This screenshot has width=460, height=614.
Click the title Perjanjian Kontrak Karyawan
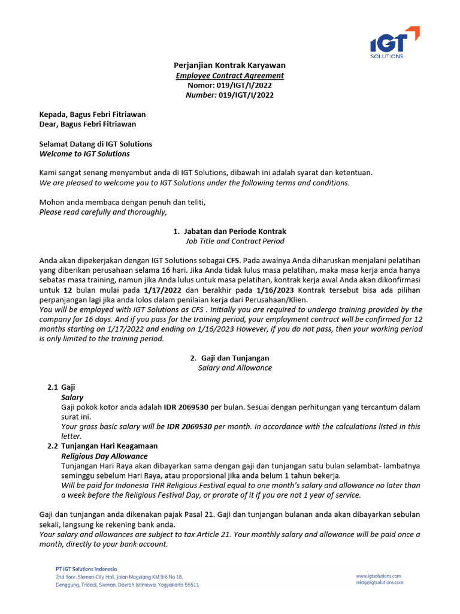(x=229, y=65)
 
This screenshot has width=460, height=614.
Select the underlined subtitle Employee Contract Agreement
(x=229, y=76)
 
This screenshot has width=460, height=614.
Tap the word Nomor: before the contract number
(x=202, y=85)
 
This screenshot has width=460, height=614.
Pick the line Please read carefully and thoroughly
(x=104, y=212)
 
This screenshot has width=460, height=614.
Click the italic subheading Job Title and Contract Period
(x=235, y=241)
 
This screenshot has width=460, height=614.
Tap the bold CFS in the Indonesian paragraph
(x=232, y=260)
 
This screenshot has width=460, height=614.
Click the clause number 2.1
(x=53, y=387)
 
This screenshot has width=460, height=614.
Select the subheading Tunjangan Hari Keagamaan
(x=110, y=446)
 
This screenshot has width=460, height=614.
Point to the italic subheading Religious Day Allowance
(x=104, y=456)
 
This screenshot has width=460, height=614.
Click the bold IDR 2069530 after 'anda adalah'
(x=186, y=407)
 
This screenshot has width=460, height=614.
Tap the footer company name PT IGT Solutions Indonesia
(x=82, y=569)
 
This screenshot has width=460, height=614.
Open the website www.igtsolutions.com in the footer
(x=378, y=576)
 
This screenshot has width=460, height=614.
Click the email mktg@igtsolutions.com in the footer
(x=380, y=582)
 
